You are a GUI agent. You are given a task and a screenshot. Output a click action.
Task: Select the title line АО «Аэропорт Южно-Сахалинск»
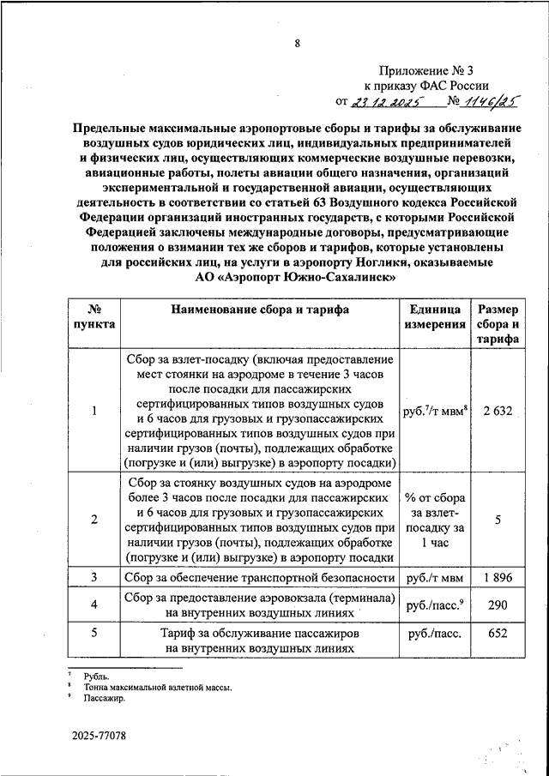296,279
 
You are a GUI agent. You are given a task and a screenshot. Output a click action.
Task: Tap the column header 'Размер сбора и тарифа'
498,324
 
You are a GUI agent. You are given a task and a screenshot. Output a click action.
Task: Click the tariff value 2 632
498,411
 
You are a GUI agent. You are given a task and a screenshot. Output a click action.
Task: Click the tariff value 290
498,605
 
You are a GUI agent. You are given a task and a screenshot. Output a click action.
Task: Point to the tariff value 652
498,634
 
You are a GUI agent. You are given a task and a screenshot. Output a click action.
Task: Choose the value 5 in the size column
498,519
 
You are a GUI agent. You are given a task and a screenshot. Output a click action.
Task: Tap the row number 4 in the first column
94,605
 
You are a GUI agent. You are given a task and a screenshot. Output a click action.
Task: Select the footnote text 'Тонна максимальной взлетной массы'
158,687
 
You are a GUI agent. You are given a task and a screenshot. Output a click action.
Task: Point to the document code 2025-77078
100,736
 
